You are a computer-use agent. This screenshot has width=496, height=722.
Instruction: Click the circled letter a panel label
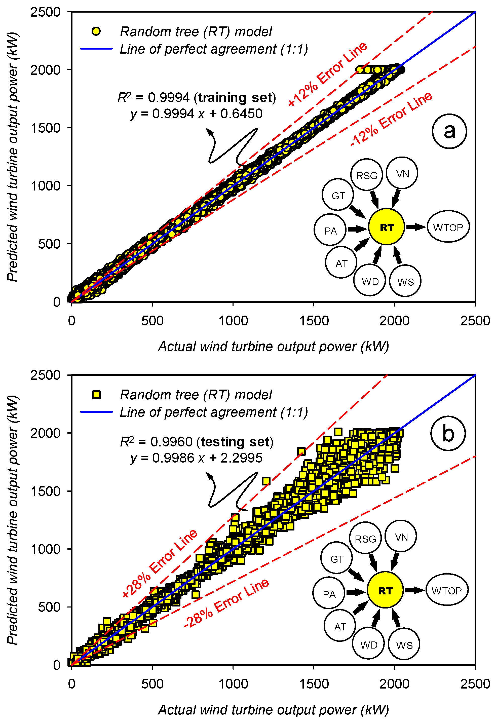point(449,131)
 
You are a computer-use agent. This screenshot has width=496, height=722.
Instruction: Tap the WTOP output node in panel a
point(448,227)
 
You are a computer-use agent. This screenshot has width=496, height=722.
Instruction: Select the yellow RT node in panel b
point(385,591)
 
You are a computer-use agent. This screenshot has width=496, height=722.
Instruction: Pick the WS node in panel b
point(404,645)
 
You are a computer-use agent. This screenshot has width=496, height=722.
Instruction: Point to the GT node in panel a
point(338,196)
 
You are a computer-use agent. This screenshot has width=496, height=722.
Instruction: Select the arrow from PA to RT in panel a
point(357,229)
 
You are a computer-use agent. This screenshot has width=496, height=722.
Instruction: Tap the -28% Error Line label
point(226,604)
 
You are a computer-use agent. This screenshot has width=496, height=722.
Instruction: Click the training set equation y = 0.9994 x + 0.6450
point(196,114)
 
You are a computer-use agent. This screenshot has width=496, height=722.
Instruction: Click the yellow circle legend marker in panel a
point(96,31)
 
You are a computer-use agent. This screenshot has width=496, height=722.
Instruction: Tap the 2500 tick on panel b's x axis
point(475,684)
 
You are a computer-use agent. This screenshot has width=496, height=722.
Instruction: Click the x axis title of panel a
point(274,347)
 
